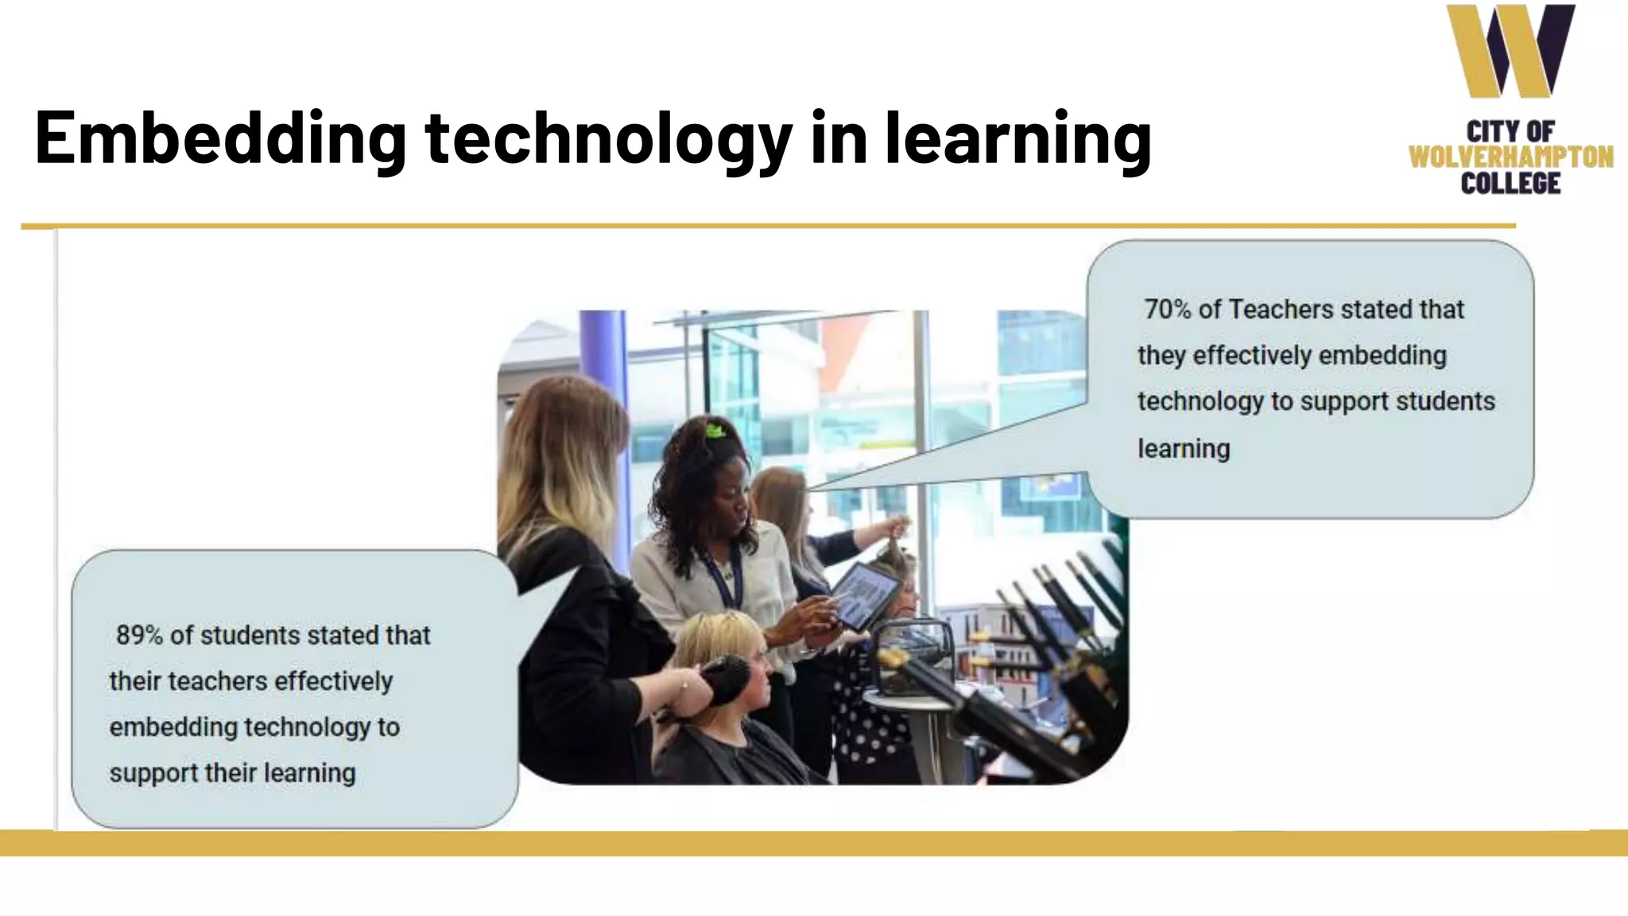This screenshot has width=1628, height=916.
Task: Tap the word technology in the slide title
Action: (609, 139)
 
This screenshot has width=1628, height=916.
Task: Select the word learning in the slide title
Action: (1018, 139)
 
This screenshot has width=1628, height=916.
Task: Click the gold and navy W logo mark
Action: (1510, 51)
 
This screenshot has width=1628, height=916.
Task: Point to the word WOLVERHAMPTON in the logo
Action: (1510, 157)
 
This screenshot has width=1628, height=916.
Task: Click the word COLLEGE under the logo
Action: (1510, 184)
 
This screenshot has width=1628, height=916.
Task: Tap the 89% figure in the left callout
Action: (139, 635)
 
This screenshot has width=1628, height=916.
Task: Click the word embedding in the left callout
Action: (173, 728)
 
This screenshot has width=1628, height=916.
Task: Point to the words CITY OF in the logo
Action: (1510, 131)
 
